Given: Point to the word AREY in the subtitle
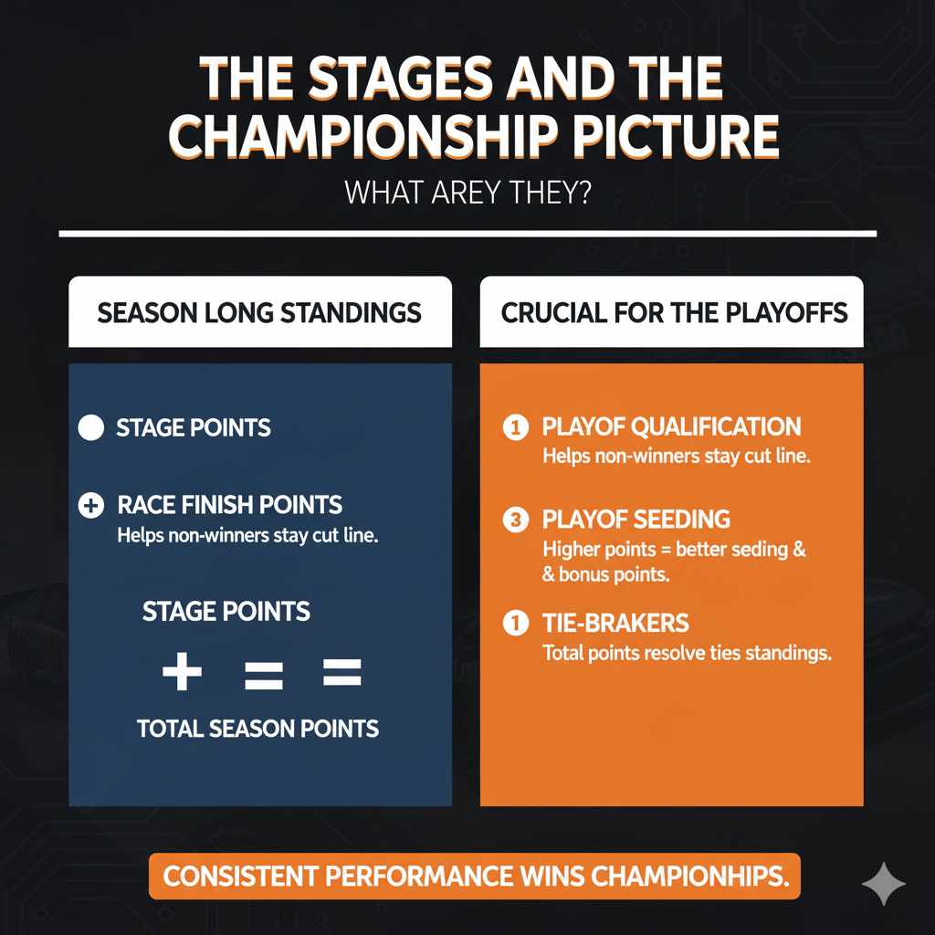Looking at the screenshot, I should pos(457,194).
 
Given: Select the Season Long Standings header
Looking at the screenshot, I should pos(259,313).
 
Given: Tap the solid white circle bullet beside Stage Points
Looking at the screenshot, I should pos(91,427).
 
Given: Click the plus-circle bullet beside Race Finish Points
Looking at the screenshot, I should pos(91,505).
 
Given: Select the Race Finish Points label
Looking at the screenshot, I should pos(230,504).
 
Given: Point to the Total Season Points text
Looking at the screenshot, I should pos(257,728).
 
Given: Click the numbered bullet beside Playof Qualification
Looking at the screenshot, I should pos(515,426).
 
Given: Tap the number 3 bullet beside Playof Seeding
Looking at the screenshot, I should pos(515,520).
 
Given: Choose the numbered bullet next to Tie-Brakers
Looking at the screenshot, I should pos(515,625).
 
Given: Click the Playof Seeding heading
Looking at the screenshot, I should pos(636,520).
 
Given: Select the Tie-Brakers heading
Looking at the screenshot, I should pos(615,624).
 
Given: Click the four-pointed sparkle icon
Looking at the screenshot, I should pos(884,883).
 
